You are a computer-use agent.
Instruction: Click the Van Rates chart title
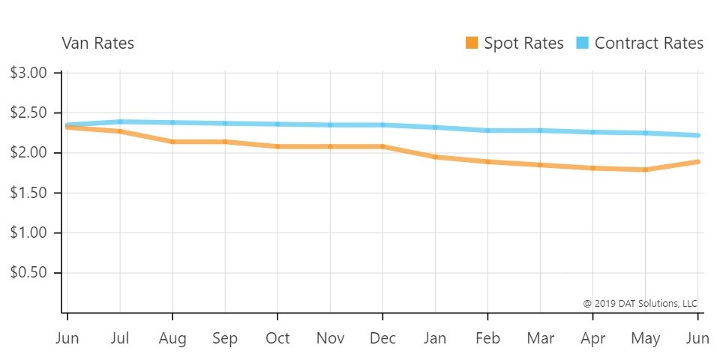click(x=98, y=43)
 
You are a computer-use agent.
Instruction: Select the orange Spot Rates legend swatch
click(x=472, y=43)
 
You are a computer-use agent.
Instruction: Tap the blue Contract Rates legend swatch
click(x=583, y=43)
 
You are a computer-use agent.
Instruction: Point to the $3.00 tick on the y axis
click(x=29, y=73)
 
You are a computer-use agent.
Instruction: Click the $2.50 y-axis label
click(x=29, y=113)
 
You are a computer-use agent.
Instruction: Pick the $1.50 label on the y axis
click(x=29, y=193)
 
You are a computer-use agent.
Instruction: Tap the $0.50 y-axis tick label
click(x=29, y=272)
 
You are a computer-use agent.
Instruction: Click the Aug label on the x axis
click(x=172, y=338)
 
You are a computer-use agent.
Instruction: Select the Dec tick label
click(x=382, y=338)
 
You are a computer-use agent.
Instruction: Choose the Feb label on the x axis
click(x=487, y=338)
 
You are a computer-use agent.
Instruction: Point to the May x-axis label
click(x=645, y=338)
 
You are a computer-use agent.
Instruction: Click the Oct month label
click(x=277, y=338)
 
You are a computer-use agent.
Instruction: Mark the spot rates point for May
click(x=645, y=169)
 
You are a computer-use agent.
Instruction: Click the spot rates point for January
click(x=435, y=157)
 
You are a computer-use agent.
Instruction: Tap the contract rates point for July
click(x=120, y=121)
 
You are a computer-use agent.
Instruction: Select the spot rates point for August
click(x=172, y=142)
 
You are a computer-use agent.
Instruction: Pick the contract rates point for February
click(x=487, y=130)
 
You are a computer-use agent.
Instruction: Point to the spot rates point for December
click(x=382, y=146)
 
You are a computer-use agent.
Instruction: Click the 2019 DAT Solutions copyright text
click(x=640, y=304)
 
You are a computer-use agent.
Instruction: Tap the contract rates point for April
click(x=592, y=132)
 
